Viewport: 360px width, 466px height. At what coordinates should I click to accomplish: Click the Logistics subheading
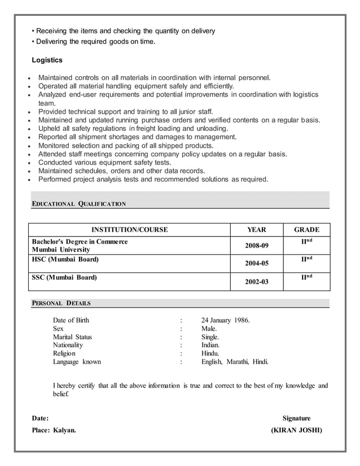[47, 60]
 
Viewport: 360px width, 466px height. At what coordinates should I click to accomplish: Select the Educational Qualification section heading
[78, 204]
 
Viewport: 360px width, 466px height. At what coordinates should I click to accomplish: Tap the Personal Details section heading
[61, 303]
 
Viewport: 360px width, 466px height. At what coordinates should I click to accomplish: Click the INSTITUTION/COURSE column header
[130, 230]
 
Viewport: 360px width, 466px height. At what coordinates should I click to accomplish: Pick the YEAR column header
[257, 230]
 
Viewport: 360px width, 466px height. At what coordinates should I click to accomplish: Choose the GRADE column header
[307, 230]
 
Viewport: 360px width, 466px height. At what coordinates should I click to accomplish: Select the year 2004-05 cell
[257, 263]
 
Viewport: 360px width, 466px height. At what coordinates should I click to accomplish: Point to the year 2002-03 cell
[257, 282]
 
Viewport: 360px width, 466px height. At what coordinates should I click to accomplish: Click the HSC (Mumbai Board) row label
[65, 260]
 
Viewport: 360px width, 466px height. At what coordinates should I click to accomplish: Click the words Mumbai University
[61, 249]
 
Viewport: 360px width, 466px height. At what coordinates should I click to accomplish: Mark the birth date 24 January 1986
[225, 320]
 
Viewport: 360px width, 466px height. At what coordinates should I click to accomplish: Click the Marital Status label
[72, 337]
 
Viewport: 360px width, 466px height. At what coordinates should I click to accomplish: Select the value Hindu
[210, 353]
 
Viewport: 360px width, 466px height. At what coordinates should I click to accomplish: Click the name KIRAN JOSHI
[297, 430]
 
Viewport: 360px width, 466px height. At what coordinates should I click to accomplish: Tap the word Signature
[296, 418]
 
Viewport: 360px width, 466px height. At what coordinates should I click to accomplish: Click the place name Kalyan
[64, 430]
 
